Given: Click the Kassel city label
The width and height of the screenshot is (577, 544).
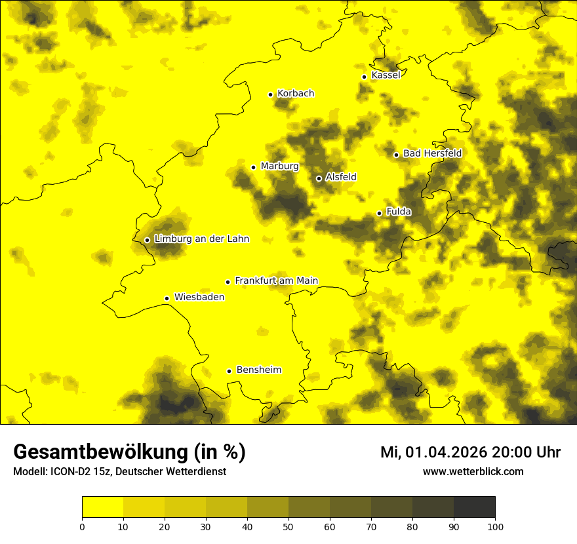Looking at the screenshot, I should pos(386,75).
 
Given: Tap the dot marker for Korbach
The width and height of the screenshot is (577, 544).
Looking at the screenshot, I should pos(270,94).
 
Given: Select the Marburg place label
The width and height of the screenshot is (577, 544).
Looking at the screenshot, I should pos(279,166).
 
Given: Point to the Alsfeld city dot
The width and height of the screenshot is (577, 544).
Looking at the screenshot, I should pos(319,178).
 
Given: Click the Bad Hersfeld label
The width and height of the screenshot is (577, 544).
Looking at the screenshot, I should pos(432,153).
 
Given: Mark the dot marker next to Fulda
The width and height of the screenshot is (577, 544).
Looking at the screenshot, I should pos(379,213).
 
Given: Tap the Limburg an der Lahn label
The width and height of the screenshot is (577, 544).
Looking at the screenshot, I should pos(201,239).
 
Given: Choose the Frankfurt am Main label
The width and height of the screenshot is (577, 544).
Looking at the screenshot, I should pos(276,281).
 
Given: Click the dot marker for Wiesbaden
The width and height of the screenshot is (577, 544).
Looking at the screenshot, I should pos(167,298).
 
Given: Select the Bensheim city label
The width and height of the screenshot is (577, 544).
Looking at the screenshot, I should pos(258,370).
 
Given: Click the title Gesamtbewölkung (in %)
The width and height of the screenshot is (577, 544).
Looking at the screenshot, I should pos(129,452).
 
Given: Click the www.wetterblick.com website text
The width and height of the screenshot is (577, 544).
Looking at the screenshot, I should pos(473,471).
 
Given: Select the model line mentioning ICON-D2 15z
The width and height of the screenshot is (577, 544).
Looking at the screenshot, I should pos(119,472).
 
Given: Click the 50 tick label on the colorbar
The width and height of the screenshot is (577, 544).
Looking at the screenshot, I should pos(288,526).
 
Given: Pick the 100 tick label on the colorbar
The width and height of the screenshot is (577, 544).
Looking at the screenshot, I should pos(495,526).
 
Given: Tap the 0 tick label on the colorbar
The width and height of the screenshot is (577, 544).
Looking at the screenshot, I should pos(82,526).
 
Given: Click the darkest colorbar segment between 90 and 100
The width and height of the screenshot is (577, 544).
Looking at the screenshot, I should pos(474,507).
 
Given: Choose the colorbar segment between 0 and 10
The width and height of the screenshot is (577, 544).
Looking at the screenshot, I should pos(102,507).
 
